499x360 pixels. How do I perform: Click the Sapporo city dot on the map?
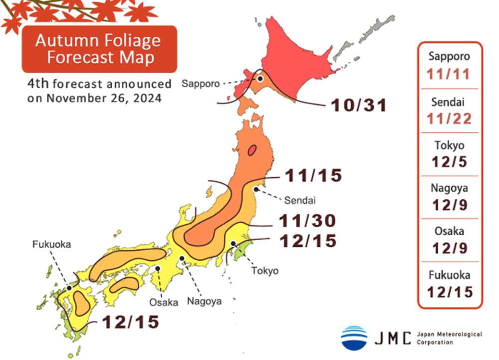[x=260, y=78]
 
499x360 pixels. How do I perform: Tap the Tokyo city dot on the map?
[x=233, y=244]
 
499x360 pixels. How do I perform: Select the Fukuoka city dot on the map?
[x=69, y=288]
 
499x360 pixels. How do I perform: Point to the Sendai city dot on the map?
[x=255, y=189]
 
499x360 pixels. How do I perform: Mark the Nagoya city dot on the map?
[x=182, y=258]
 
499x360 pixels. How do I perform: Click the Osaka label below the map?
[x=163, y=303]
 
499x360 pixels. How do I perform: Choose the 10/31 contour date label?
[x=358, y=105]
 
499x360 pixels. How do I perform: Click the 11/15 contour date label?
[x=313, y=176]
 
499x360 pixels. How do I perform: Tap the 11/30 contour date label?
[x=307, y=221]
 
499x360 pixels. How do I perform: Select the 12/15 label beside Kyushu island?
[x=131, y=322]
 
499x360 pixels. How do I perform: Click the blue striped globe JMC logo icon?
[x=354, y=338]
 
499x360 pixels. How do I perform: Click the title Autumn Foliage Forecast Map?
[x=98, y=48]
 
